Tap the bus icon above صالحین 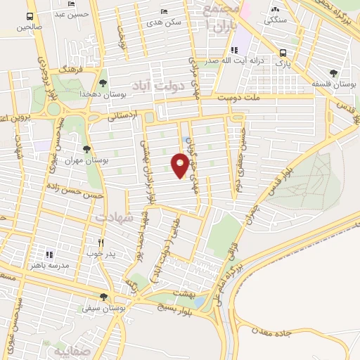30,15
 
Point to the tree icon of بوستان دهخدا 103,83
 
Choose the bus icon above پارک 283,53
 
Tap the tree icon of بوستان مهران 86,149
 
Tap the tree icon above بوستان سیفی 104,296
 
